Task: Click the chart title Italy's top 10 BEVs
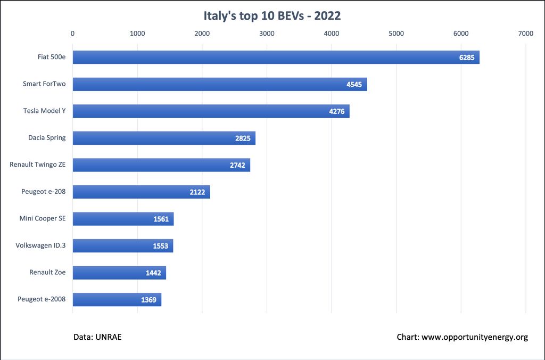pos(272,15)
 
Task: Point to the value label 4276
pos(337,111)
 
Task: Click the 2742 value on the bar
pos(237,165)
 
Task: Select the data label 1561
pos(161,219)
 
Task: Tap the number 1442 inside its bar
pos(153,273)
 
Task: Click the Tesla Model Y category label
pos(44,111)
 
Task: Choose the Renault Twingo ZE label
pos(37,165)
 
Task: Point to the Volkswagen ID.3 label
pos(40,245)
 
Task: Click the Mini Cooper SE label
pos(43,218)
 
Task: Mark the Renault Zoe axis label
pos(47,272)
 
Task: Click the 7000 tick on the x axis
pos(525,34)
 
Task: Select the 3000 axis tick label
pos(267,34)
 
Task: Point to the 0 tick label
pos(73,34)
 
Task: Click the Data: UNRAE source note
pos(98,337)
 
